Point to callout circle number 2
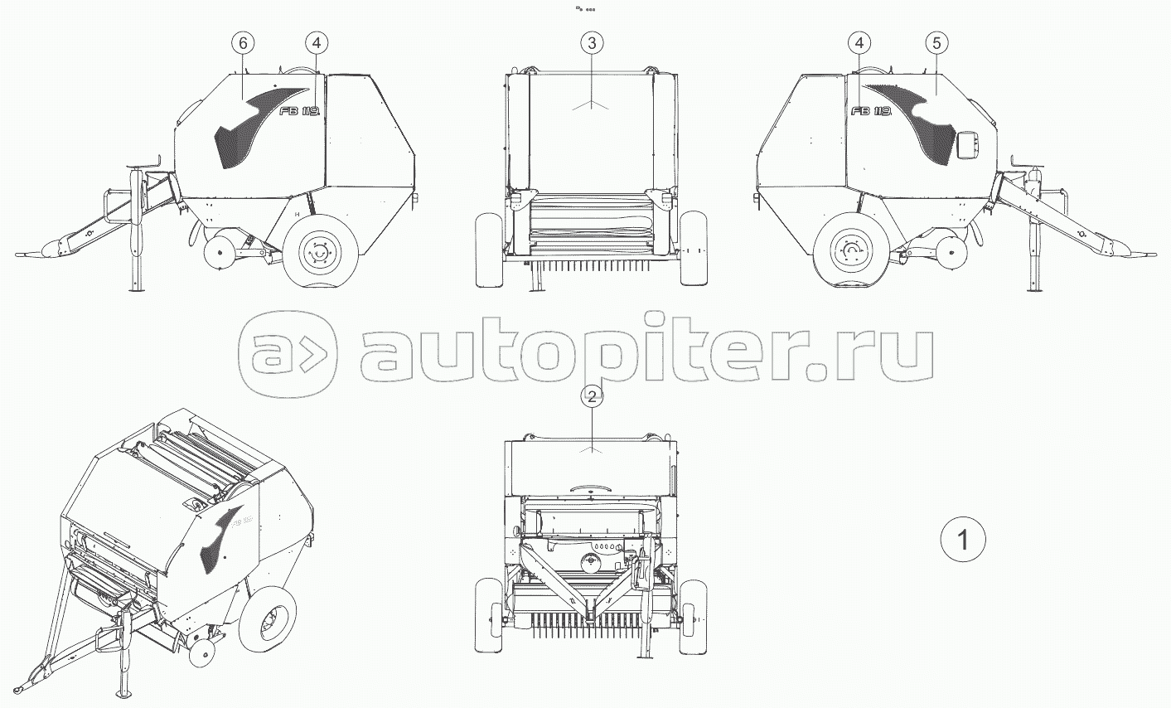coord(590,397)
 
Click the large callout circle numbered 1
coord(963,540)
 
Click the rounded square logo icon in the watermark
coord(288,356)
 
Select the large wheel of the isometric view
coord(268,620)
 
